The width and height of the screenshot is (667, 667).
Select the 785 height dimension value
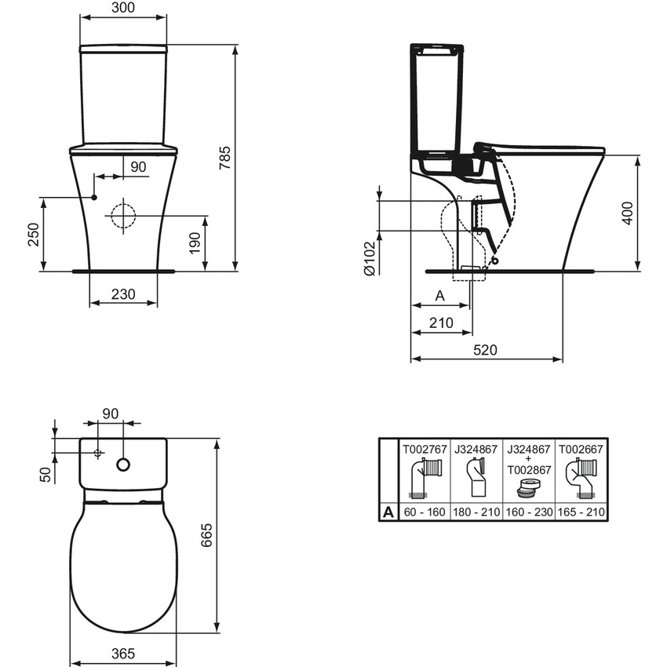[x=225, y=155]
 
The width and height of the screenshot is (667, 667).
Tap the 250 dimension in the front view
[x=33, y=234]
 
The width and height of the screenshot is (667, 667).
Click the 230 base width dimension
[x=123, y=294]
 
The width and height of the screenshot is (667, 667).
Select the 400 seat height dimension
[x=625, y=212]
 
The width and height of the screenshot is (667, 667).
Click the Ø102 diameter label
[x=369, y=258]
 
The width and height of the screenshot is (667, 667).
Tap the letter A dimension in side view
[x=439, y=296]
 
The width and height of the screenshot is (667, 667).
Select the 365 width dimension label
[x=123, y=653]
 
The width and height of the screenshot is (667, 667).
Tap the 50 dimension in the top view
[x=45, y=474]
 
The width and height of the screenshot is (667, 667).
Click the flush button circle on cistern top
[x=123, y=465]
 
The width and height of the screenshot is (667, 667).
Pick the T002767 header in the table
[x=425, y=450]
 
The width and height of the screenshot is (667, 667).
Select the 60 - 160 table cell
[x=425, y=512]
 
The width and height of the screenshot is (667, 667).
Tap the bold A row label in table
[x=388, y=512]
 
